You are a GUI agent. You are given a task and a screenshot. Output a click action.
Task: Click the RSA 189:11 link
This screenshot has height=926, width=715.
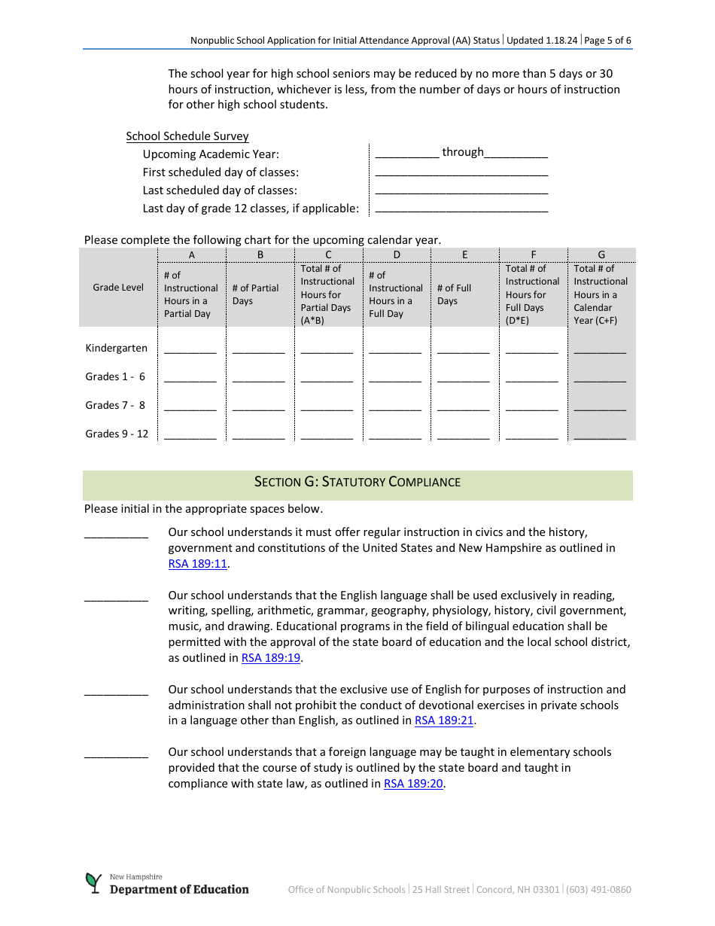(x=198, y=564)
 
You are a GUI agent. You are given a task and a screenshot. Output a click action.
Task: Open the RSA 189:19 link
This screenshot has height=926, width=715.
(x=271, y=658)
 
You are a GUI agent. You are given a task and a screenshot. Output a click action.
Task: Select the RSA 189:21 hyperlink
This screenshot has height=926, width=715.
(x=444, y=720)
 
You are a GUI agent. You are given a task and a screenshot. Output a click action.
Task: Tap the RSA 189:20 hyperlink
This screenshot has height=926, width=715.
(x=414, y=784)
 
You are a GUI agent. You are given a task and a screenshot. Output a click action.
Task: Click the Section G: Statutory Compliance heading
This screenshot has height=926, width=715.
(x=357, y=482)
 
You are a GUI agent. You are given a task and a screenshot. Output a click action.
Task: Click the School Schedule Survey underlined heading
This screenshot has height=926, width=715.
(x=187, y=136)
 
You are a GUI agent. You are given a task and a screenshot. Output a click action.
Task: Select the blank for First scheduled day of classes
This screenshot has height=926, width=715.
(x=461, y=173)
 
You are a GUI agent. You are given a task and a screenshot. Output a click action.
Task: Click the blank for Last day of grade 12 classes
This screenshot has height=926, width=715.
(x=461, y=209)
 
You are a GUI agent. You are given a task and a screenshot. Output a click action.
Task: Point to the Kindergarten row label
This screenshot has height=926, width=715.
(x=117, y=348)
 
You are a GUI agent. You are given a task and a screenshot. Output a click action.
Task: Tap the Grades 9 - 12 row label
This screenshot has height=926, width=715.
(x=117, y=434)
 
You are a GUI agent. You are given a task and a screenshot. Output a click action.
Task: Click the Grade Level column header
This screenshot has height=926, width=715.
(x=118, y=288)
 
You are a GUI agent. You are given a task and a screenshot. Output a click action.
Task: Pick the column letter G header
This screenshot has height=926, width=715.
(x=601, y=254)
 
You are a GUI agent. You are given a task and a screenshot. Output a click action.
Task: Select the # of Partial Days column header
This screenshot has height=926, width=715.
(x=255, y=294)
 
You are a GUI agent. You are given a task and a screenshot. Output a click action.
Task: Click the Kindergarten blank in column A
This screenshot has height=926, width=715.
(x=190, y=350)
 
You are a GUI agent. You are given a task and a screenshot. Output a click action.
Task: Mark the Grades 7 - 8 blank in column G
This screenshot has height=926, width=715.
(x=600, y=407)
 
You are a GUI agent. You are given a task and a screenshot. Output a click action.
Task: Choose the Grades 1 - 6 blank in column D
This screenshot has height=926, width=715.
(x=395, y=379)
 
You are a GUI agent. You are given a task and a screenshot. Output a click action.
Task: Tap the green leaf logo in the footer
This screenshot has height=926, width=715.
(x=93, y=882)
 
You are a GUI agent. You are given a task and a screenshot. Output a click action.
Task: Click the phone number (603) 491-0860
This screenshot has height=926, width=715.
(x=599, y=890)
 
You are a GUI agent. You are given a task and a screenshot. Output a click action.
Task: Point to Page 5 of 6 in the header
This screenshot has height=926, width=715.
(x=607, y=41)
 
